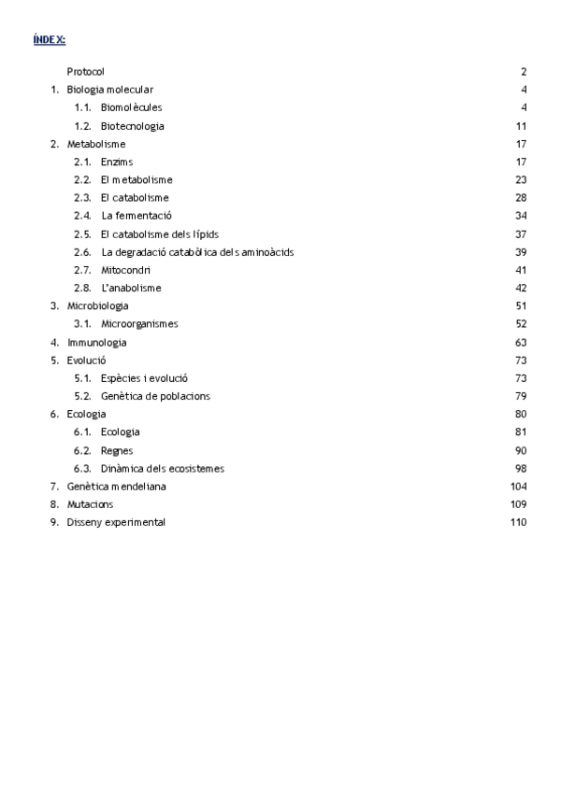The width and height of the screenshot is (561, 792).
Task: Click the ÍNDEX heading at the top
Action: [x=49, y=39]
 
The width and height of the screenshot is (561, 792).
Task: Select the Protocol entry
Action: [x=86, y=72]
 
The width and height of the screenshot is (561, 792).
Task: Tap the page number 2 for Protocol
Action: [x=524, y=72]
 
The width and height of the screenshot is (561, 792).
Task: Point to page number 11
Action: [x=521, y=126]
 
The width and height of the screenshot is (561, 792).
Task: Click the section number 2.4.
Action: [x=82, y=216]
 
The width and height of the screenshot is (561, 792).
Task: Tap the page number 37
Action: [x=521, y=234]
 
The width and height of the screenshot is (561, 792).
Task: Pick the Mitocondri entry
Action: [x=126, y=270]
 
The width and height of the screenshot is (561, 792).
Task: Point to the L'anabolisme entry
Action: [x=131, y=289]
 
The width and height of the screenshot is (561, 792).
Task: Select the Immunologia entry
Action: [x=96, y=343]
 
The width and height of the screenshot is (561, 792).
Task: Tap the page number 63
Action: [x=521, y=343]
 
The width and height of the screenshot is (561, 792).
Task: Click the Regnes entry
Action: [x=118, y=450]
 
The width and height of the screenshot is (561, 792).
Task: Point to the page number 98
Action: [x=521, y=469]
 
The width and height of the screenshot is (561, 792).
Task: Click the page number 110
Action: [x=518, y=523]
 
